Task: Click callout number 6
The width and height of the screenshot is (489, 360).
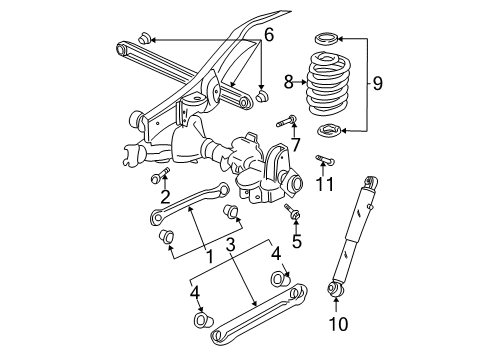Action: point(268,36)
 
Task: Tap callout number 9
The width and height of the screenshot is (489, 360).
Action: point(377,85)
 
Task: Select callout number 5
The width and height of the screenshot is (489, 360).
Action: point(297,241)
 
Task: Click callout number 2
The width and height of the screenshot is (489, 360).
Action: point(164,196)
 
